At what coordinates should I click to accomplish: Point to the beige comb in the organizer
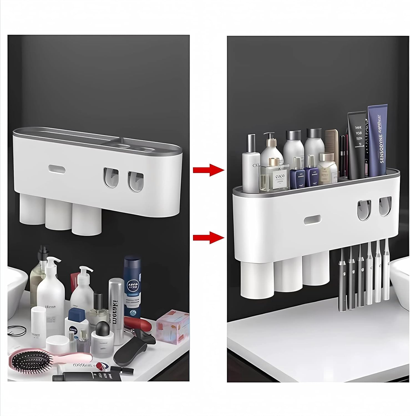pyautogui.click(x=332, y=147)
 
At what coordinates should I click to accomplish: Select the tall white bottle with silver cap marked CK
pyautogui.click(x=251, y=164)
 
